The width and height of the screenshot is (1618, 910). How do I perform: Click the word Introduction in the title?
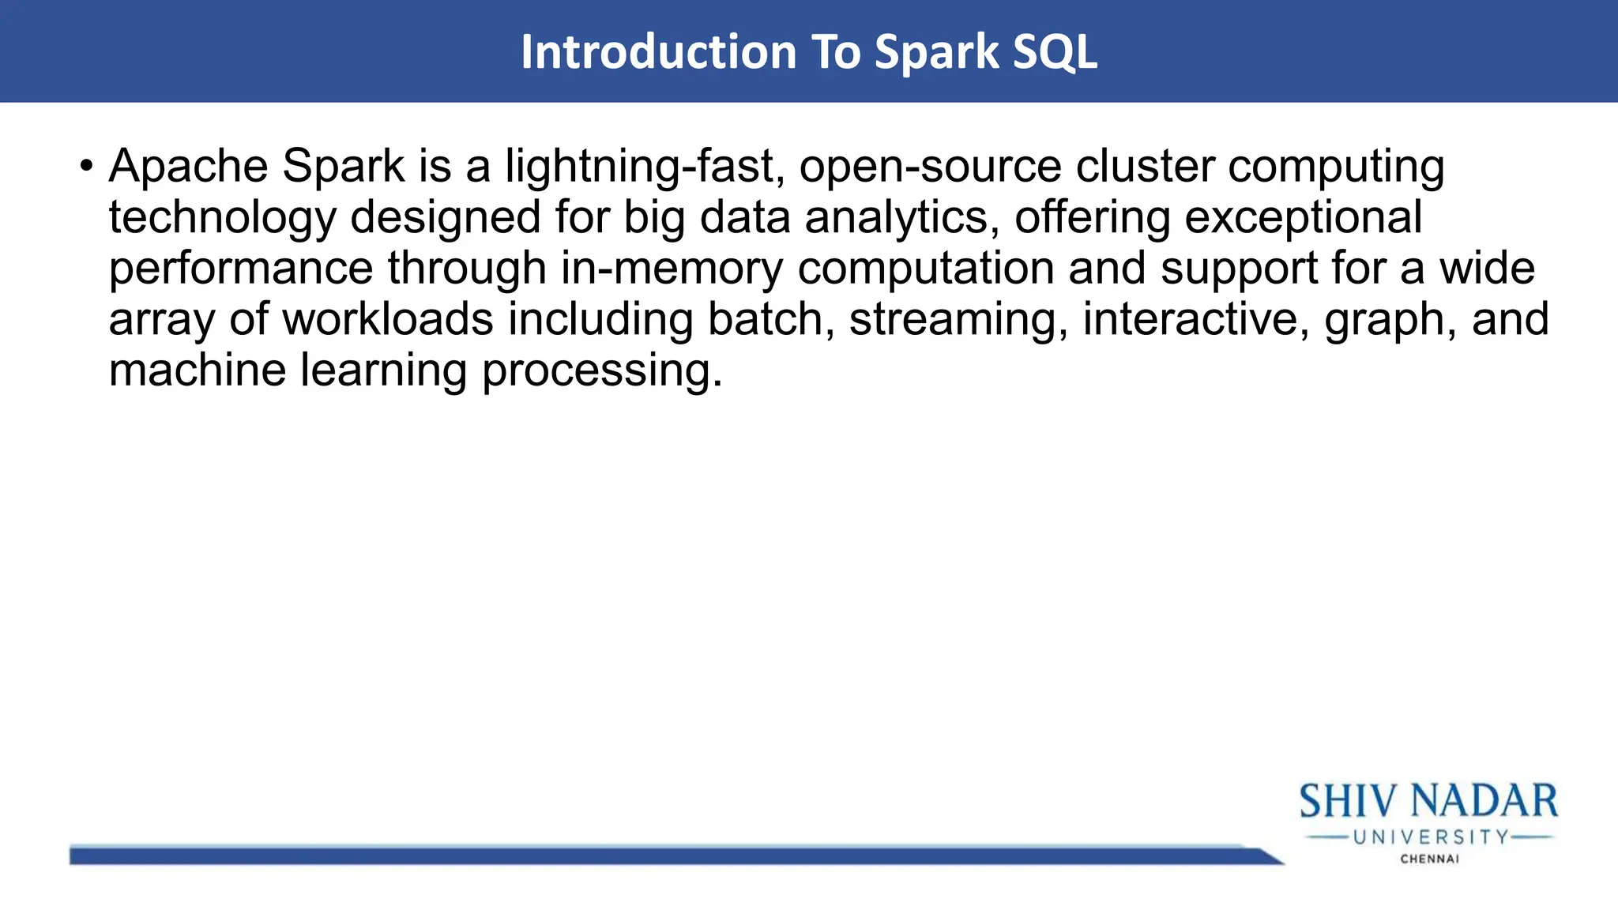tap(658, 52)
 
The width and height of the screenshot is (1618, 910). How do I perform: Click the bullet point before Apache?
tap(86, 167)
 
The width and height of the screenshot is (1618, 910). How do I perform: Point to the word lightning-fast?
tap(645, 167)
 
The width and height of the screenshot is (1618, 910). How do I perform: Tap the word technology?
tap(222, 218)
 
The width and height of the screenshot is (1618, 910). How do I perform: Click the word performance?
tap(240, 269)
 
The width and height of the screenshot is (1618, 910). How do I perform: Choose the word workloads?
tap(387, 319)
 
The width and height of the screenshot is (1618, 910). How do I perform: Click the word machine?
tap(197, 370)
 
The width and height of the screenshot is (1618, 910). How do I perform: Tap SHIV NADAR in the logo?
tap(1428, 802)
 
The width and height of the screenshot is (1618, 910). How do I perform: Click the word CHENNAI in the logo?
tap(1429, 859)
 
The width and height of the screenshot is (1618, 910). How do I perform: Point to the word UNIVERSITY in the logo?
tap(1431, 837)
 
